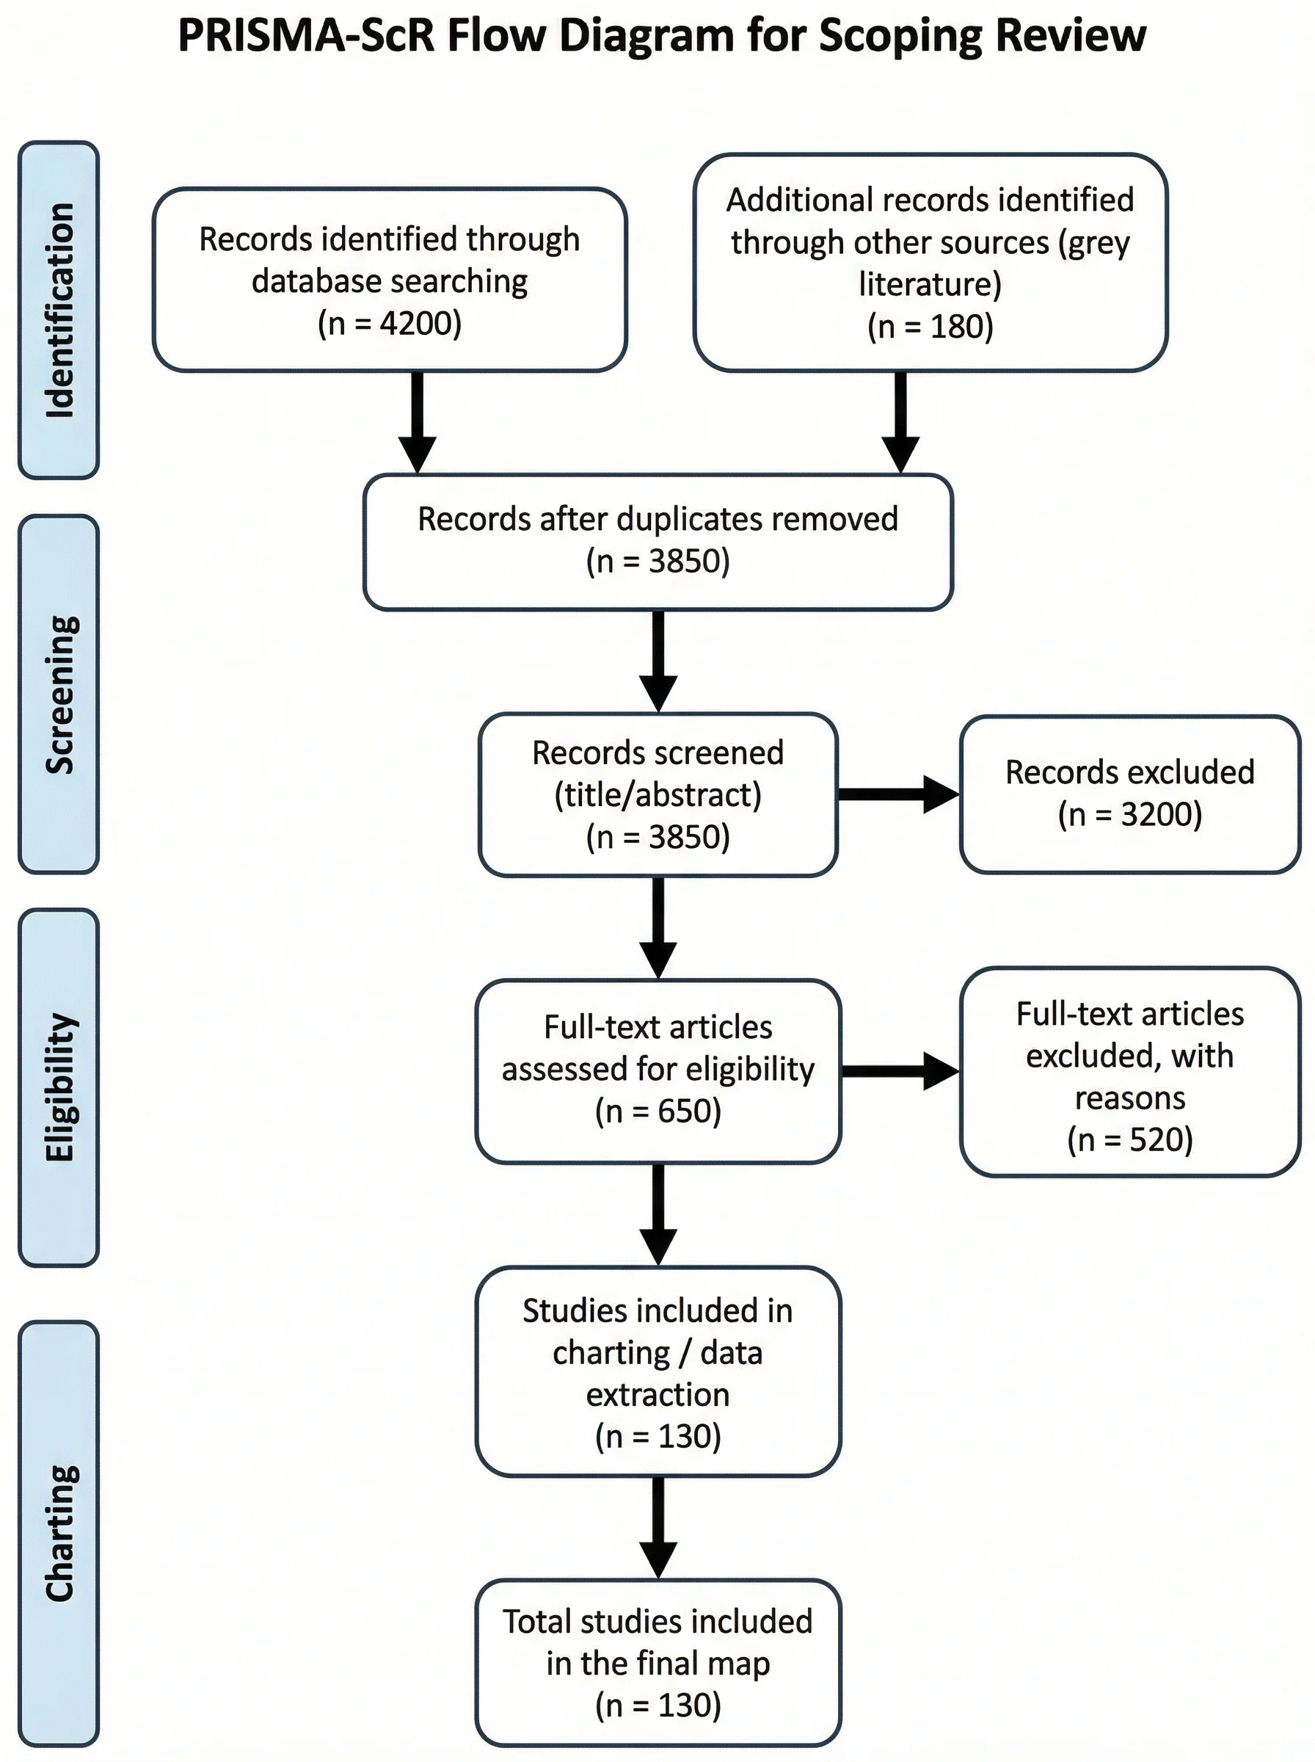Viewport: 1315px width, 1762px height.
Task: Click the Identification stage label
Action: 59,310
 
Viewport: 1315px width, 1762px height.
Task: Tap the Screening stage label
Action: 59,694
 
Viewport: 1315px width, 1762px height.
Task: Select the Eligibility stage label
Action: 59,1087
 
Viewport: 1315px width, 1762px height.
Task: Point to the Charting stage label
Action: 59,1533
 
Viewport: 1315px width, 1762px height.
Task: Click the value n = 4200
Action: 389,323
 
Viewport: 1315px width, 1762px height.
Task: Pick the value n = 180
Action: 930,327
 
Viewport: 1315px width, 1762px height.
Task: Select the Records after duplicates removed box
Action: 657,541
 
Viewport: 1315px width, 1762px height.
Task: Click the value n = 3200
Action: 1129,814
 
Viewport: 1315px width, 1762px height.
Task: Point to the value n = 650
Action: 657,1111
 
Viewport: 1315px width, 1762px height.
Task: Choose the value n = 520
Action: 1129,1139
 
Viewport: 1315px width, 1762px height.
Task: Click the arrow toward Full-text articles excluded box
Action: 900,1071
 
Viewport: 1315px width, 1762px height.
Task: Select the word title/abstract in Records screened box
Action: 657,794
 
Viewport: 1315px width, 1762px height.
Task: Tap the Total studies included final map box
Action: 657,1662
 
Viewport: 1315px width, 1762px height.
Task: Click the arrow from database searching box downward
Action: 417,422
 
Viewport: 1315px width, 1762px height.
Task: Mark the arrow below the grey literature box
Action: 900,422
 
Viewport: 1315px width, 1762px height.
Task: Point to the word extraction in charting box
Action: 657,1394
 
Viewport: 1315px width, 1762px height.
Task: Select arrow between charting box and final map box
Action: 658,1527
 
